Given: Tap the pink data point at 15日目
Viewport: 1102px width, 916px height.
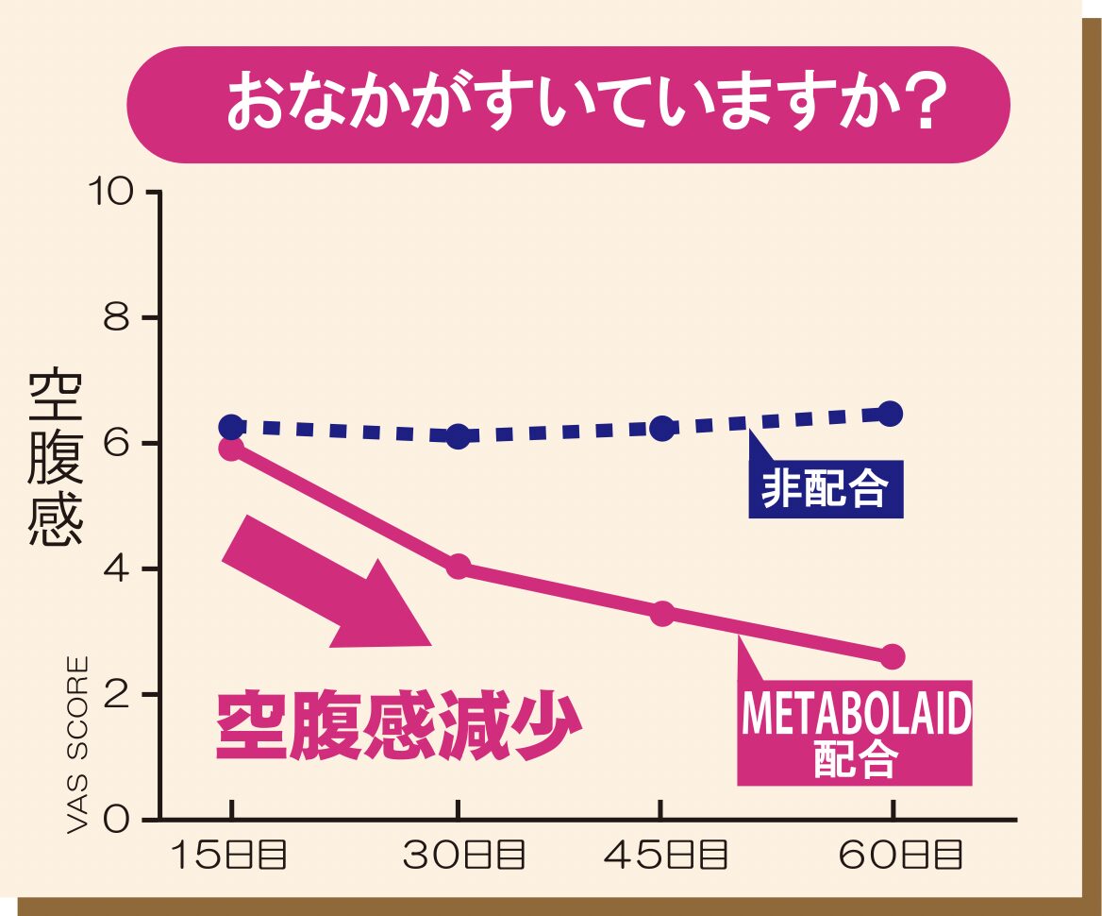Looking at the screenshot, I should point(231,448).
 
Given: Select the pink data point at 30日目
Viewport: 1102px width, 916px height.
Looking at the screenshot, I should point(458,567).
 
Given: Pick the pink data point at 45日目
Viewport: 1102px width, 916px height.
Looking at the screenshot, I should point(662,613).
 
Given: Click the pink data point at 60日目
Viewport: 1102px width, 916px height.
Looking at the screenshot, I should point(892,656).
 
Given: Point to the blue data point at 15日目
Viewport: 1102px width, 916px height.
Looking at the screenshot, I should point(231,426).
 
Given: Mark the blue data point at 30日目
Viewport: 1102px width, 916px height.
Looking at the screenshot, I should point(458,435).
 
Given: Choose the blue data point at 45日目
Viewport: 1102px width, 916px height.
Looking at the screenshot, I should point(662,428).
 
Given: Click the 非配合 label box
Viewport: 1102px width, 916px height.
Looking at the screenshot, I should point(826,489).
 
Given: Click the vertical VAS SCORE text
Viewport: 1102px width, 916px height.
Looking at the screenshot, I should point(78,745).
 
